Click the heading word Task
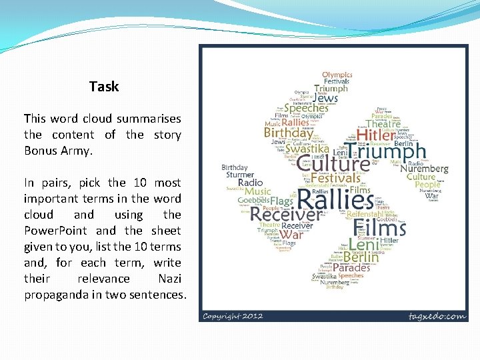pyautogui.click(x=104, y=87)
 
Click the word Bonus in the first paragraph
pyautogui.click(x=41, y=151)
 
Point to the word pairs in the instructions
pyautogui.click(x=56, y=183)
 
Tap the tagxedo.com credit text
pyautogui.click(x=437, y=315)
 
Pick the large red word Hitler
pyautogui.click(x=381, y=136)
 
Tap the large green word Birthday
pyautogui.click(x=288, y=133)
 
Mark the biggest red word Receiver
pyautogui.click(x=286, y=215)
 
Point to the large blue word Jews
pyautogui.click(x=325, y=99)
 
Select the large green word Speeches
pyautogui.click(x=306, y=108)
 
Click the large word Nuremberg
pyautogui.click(x=424, y=169)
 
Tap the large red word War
pyautogui.click(x=291, y=235)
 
